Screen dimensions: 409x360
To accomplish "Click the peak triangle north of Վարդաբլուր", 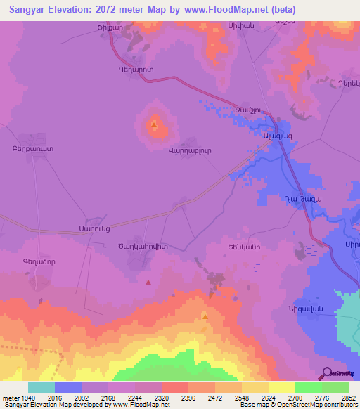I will (x=154, y=125).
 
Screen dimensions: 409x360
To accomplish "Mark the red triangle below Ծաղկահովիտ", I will (x=148, y=283).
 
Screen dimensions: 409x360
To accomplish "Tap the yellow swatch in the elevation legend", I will (x=281, y=387).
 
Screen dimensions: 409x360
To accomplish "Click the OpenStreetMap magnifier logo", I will (x=327, y=372).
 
